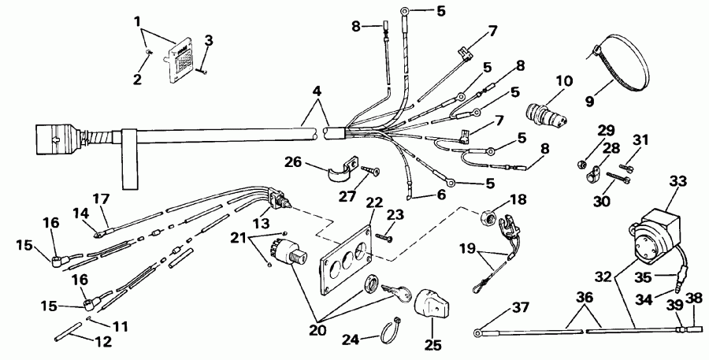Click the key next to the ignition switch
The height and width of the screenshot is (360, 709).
[x=396, y=291]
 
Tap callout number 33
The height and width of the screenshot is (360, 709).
[x=677, y=182]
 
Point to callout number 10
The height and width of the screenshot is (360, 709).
[x=564, y=82]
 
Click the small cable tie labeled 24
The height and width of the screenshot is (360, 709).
[x=392, y=331]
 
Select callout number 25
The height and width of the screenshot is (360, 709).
[x=432, y=345]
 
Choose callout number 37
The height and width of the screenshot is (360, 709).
[x=521, y=307]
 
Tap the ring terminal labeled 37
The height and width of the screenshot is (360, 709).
[x=477, y=334]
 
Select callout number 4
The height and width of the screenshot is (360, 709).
[x=317, y=91]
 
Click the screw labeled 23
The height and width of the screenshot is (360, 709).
[x=381, y=236]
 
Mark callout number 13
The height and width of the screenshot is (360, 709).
[x=262, y=224]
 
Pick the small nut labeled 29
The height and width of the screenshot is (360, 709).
[x=582, y=164]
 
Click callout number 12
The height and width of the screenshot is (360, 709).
[x=103, y=342]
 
